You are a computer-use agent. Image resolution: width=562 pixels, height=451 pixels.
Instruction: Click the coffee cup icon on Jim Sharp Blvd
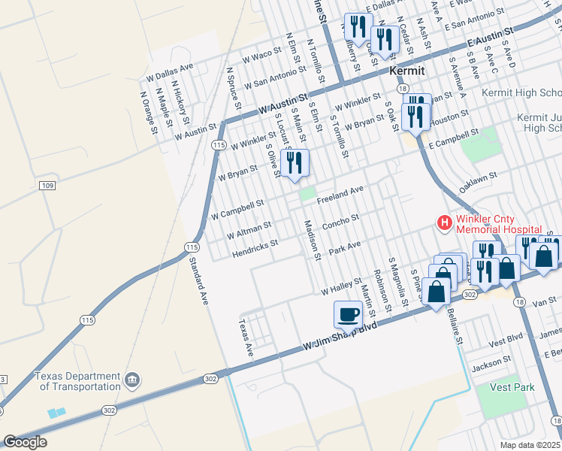pyautogui.click(x=348, y=312)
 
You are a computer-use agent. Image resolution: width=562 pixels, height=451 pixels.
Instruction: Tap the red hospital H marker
pyautogui.click(x=445, y=222)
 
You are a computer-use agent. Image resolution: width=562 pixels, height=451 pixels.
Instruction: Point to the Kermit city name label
pyautogui.click(x=407, y=71)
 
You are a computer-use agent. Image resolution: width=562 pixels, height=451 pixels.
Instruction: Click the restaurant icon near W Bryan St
pyautogui.click(x=294, y=163)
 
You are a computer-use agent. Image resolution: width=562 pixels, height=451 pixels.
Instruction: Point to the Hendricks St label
pyautogui.click(x=254, y=244)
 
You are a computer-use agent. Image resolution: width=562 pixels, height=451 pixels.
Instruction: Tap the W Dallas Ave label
pyautogui.click(x=170, y=71)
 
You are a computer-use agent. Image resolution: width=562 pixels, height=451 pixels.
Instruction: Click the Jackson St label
pyautogui.click(x=491, y=368)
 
